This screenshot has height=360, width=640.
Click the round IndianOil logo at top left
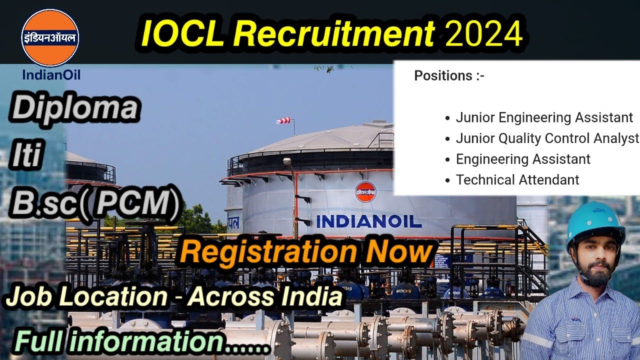[x=50, y=38]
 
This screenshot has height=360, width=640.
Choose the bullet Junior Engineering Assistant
[x=544, y=118]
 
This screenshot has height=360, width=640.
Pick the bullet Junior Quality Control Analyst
[x=547, y=138]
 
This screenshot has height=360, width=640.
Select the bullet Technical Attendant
[x=517, y=180]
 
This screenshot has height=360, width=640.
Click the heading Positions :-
[x=449, y=76]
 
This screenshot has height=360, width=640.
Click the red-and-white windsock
[x=283, y=120]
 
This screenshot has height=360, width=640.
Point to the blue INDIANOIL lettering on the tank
[x=369, y=221]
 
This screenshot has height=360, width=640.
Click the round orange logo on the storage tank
[x=365, y=192]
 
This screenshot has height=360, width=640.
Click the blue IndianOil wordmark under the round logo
[x=51, y=75]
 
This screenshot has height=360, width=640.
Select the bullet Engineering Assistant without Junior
[x=523, y=159]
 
